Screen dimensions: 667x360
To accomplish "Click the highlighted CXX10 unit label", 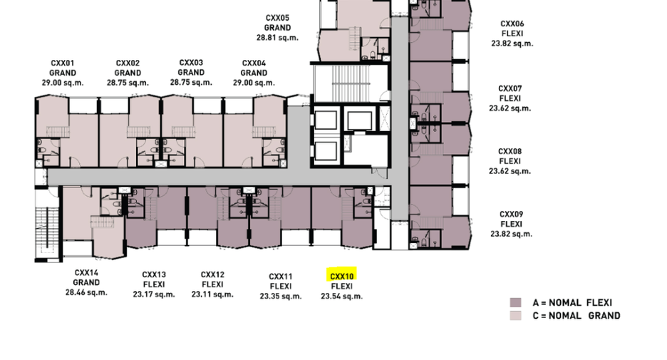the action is point(341,276).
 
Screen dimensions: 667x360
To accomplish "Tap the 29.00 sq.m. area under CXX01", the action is point(63,83).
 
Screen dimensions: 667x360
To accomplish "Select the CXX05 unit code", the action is point(277,18).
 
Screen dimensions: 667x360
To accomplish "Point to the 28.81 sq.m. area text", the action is point(277,38).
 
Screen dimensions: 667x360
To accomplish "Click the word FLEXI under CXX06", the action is point(512,34).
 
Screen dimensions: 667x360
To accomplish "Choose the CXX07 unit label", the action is point(510,88).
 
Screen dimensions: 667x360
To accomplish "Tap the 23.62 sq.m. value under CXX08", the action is point(510,171).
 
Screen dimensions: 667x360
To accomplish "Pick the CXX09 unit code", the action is point(511,214).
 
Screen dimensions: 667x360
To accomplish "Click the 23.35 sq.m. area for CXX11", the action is point(281,296).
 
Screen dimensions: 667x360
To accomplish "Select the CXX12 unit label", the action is point(212,274).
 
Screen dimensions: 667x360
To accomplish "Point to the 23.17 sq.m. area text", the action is point(153,294).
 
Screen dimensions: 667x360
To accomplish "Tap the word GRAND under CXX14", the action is point(86,282).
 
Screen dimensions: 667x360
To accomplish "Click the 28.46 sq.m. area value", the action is point(86,292).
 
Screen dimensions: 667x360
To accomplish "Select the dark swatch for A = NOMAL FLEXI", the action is point(515,302).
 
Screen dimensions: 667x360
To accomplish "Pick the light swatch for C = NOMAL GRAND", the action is point(515,316).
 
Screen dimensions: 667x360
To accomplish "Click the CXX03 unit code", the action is point(191,63).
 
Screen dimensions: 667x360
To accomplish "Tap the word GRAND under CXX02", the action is point(128,73).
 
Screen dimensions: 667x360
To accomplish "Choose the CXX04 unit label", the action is point(254,63).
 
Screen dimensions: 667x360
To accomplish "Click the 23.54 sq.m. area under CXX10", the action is point(341,296).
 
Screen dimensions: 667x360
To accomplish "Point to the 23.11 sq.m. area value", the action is point(212,294).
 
